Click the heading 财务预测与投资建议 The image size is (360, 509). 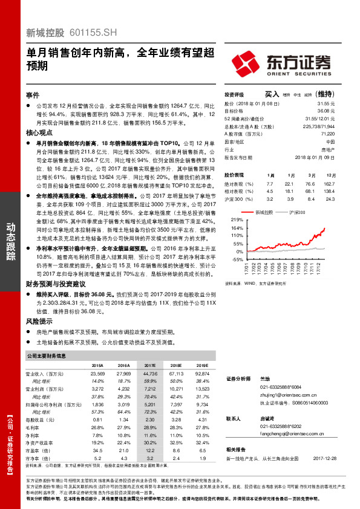point(55,283)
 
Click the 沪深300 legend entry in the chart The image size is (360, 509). point(296,213)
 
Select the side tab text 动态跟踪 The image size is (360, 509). point(11,242)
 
